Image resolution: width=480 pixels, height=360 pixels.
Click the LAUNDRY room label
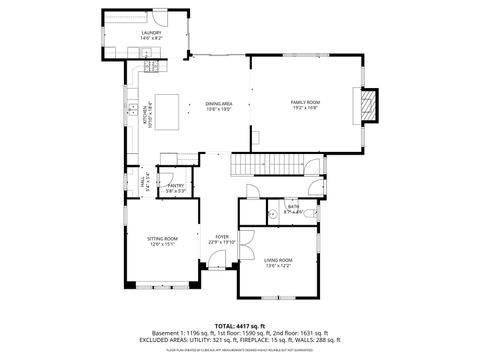click(x=151, y=34)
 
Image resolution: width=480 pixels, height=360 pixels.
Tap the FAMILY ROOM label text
click(x=305, y=103)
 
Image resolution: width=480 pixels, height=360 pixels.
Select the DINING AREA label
click(x=219, y=103)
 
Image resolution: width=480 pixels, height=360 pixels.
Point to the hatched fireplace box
click(x=370, y=105)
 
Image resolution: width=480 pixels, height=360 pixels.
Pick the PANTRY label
click(x=176, y=185)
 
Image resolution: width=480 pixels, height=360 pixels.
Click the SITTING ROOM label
click(x=162, y=238)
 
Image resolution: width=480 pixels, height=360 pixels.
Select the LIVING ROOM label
click(x=278, y=260)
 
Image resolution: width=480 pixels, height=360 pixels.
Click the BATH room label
click(x=294, y=207)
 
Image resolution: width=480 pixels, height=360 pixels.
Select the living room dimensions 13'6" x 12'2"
click(x=278, y=266)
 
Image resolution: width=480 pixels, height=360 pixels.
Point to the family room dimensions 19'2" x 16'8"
click(x=305, y=109)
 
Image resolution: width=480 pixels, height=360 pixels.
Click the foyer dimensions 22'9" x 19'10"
click(x=221, y=242)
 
